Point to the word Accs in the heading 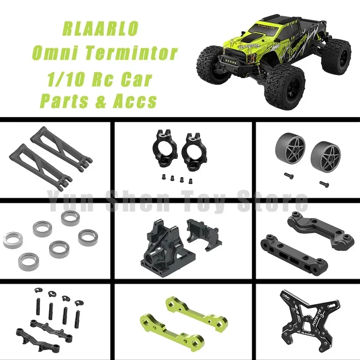135,101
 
